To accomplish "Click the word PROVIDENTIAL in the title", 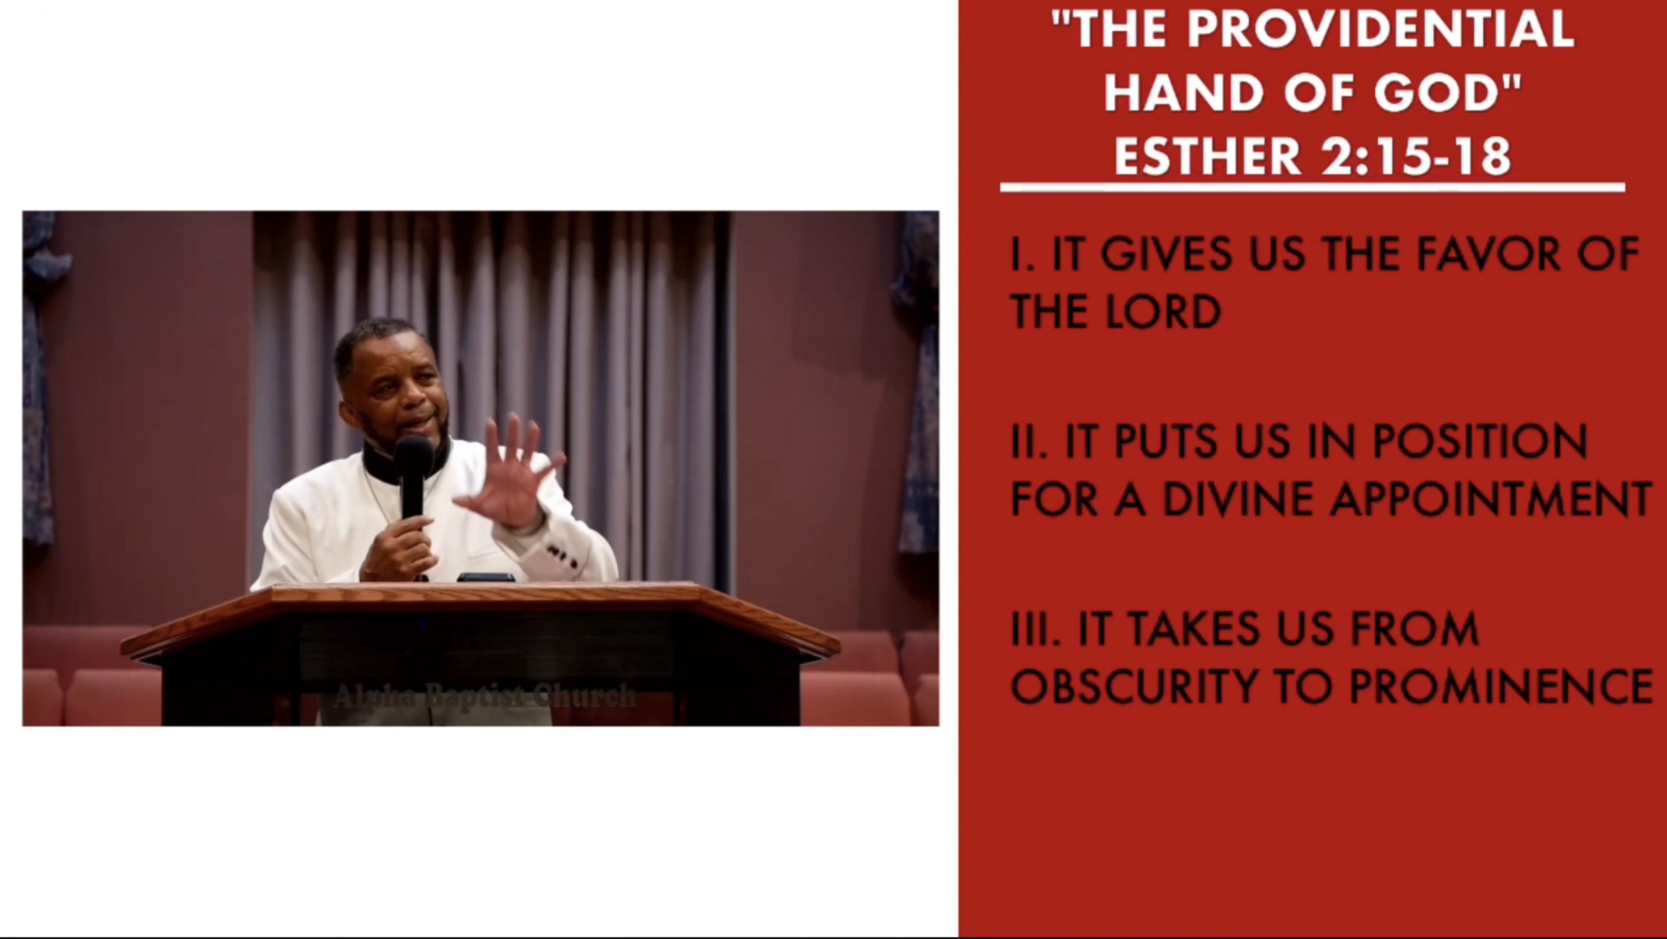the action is click(x=1381, y=29).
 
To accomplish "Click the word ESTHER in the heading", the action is click(x=1201, y=156).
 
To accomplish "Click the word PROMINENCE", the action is click(x=1500, y=686).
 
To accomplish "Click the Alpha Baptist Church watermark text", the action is click(x=484, y=696).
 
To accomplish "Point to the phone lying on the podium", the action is click(x=486, y=577).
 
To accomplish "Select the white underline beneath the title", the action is click(x=1313, y=188).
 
